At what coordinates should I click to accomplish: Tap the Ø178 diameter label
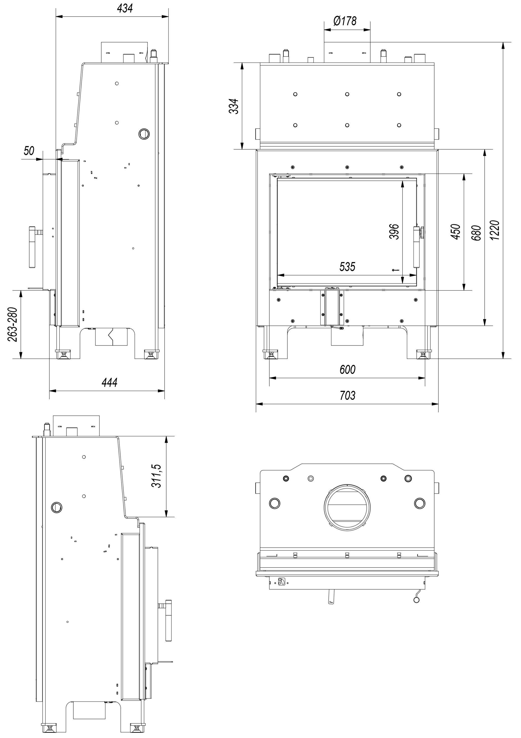click(x=345, y=21)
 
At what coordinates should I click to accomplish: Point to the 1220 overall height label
click(x=495, y=230)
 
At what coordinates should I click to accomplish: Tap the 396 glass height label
click(x=394, y=231)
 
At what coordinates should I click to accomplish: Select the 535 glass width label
click(x=347, y=266)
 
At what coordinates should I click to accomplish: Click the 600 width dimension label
click(x=348, y=370)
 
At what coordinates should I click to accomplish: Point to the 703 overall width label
click(x=348, y=395)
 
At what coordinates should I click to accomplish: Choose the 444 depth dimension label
click(x=110, y=383)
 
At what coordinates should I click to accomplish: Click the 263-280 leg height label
click(x=13, y=325)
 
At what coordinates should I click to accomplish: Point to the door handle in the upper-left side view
click(x=33, y=247)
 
